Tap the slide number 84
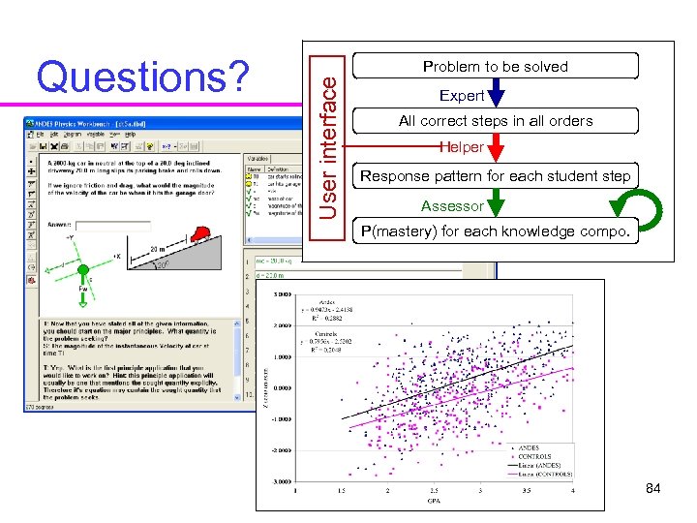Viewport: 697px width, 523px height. pyautogui.click(x=652, y=488)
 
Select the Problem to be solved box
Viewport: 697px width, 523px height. pyautogui.click(x=496, y=67)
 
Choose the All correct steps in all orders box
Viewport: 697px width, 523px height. pyautogui.click(x=496, y=121)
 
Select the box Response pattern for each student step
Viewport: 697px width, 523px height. pyautogui.click(x=496, y=176)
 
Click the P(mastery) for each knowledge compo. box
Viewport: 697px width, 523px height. pyautogui.click(x=496, y=232)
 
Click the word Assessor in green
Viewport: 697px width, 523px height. pyautogui.click(x=452, y=205)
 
